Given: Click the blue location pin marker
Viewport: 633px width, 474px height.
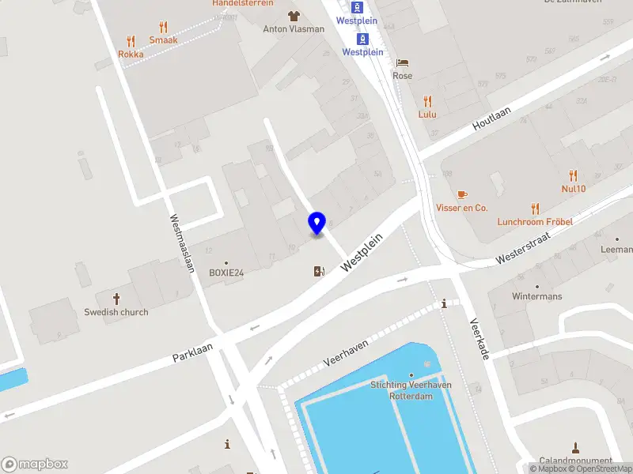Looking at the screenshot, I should coord(317,223).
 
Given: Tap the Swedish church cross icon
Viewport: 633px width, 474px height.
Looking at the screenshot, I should coord(116,299).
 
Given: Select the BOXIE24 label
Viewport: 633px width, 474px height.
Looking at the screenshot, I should coord(226,273).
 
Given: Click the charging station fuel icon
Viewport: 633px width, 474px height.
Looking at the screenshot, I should coord(319,272).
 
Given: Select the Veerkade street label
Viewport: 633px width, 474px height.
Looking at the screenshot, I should coord(480,339).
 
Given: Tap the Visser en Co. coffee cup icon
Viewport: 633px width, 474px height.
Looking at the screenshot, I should coord(462,194).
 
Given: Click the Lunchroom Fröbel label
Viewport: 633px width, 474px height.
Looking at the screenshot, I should coord(534,222).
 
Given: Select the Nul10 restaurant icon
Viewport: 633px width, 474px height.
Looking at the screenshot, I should coord(574,175).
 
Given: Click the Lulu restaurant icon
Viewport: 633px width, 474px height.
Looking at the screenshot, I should coord(427,101).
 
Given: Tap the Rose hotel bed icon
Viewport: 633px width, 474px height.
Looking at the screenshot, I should coord(402,62).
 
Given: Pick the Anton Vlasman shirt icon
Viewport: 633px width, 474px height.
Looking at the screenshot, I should coord(294,16).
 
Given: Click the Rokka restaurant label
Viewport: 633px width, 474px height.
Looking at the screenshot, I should coord(131,55).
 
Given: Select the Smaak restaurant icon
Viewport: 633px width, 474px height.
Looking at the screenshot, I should coord(163,26).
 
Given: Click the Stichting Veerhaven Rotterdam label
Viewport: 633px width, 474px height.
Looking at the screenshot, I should coord(411,390).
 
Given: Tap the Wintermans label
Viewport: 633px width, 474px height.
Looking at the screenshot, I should coord(536,296).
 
